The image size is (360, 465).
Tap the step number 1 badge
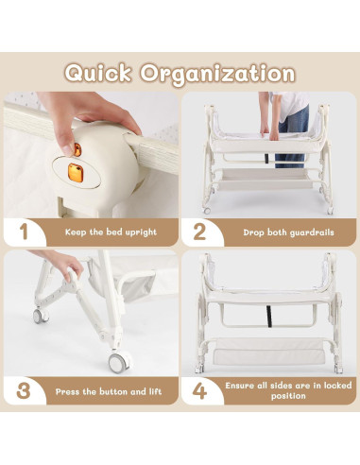pos(24,231)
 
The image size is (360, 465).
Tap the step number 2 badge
pos(199,231)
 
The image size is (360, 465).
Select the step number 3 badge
pos(24,389)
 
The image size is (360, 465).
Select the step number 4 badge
pos(199,389)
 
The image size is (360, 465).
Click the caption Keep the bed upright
pos(111,231)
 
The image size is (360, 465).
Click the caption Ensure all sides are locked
pos(281,389)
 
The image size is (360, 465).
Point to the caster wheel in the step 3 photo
pos(118,362)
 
